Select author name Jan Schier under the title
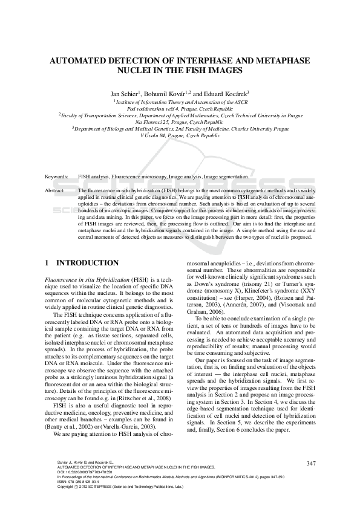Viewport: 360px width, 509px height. click(x=124, y=94)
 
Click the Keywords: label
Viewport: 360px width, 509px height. click(x=57, y=177)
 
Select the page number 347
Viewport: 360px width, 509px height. click(x=312, y=464)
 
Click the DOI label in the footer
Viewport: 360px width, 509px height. click(x=61, y=472)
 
